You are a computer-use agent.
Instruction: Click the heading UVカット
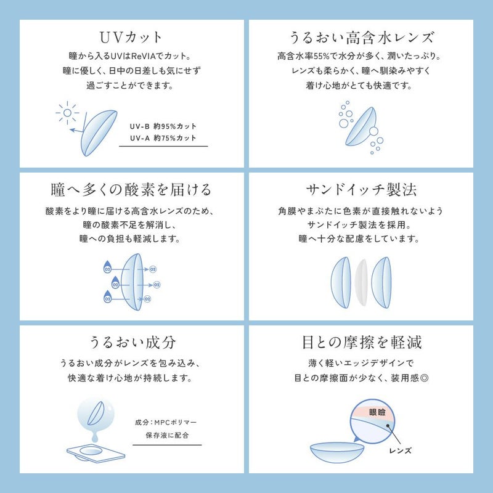[x=131, y=38]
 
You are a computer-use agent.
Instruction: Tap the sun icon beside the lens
[x=67, y=113]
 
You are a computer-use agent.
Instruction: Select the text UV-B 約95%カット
[x=163, y=126]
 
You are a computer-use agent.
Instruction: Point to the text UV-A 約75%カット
[x=163, y=138]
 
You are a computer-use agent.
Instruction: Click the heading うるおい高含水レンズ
[x=361, y=38]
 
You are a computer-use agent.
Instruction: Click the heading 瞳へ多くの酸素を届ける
[x=131, y=190]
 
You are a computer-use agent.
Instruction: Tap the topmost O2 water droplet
[x=107, y=267]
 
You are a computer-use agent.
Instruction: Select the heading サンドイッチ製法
[x=361, y=190]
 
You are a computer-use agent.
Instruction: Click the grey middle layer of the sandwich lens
[x=361, y=283]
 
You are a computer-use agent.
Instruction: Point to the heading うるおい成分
[x=132, y=343]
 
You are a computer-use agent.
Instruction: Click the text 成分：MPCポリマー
[x=166, y=422]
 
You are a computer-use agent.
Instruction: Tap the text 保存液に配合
[x=167, y=435]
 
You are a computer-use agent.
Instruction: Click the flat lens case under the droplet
[x=96, y=453]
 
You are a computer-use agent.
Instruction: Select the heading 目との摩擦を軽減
[x=362, y=343]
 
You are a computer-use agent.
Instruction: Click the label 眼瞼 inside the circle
[x=377, y=412]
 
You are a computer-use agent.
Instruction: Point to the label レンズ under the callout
[x=400, y=450]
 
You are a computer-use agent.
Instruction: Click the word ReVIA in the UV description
[x=144, y=56]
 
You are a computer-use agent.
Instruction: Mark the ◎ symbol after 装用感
[x=424, y=378]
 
